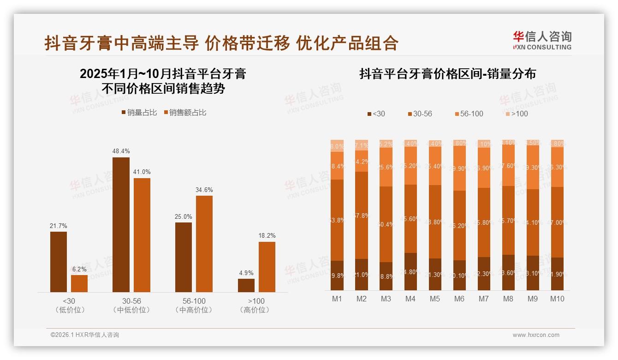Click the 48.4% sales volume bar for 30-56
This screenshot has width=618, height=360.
point(121,224)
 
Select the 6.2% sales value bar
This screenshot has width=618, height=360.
point(79,283)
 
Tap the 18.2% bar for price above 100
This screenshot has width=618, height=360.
point(267,267)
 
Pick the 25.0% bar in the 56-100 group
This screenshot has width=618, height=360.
point(184,257)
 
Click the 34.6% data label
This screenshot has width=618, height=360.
point(204,190)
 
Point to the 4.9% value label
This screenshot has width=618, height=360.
point(246,273)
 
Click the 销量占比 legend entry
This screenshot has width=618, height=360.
point(139,113)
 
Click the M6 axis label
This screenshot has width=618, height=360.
point(459,299)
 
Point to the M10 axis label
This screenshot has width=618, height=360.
point(557,299)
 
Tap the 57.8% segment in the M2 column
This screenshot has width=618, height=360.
point(362,215)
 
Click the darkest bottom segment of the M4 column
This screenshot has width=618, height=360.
point(410,272)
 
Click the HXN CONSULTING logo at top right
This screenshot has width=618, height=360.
point(542,41)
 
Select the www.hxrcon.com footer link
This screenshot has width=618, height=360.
point(536,335)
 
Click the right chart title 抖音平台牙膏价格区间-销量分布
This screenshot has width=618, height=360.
point(447,74)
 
